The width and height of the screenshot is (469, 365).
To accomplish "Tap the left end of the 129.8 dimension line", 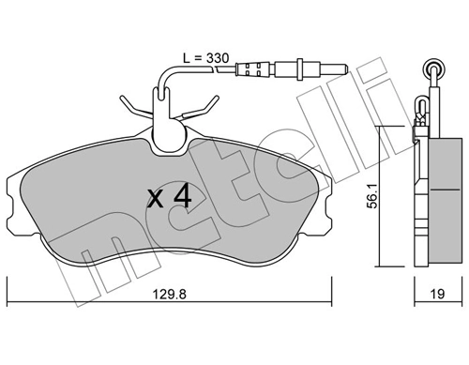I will tap(8, 303).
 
